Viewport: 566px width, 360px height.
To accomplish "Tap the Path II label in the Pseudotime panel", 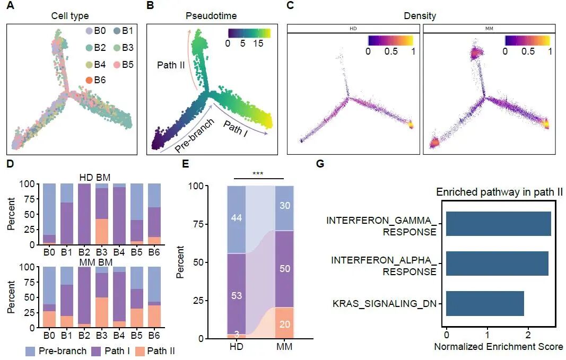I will [170, 65].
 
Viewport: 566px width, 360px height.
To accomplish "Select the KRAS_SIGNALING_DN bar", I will [485, 303].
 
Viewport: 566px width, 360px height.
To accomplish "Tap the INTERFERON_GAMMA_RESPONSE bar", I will [498, 223].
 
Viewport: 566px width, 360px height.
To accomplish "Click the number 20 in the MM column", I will [284, 323].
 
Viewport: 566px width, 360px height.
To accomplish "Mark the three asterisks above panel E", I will [258, 173].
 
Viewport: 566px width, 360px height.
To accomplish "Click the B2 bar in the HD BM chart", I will [84, 214].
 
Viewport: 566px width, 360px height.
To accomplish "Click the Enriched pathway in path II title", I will [499, 192].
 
